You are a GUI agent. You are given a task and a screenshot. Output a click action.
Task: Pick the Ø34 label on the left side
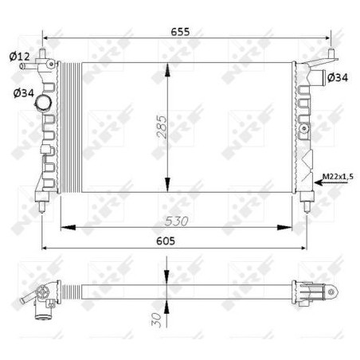pyautogui.click(x=23, y=93)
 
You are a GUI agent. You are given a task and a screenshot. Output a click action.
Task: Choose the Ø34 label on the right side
pyautogui.click(x=338, y=77)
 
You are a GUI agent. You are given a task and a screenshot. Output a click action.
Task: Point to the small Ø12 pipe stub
pyautogui.click(x=32, y=66)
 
